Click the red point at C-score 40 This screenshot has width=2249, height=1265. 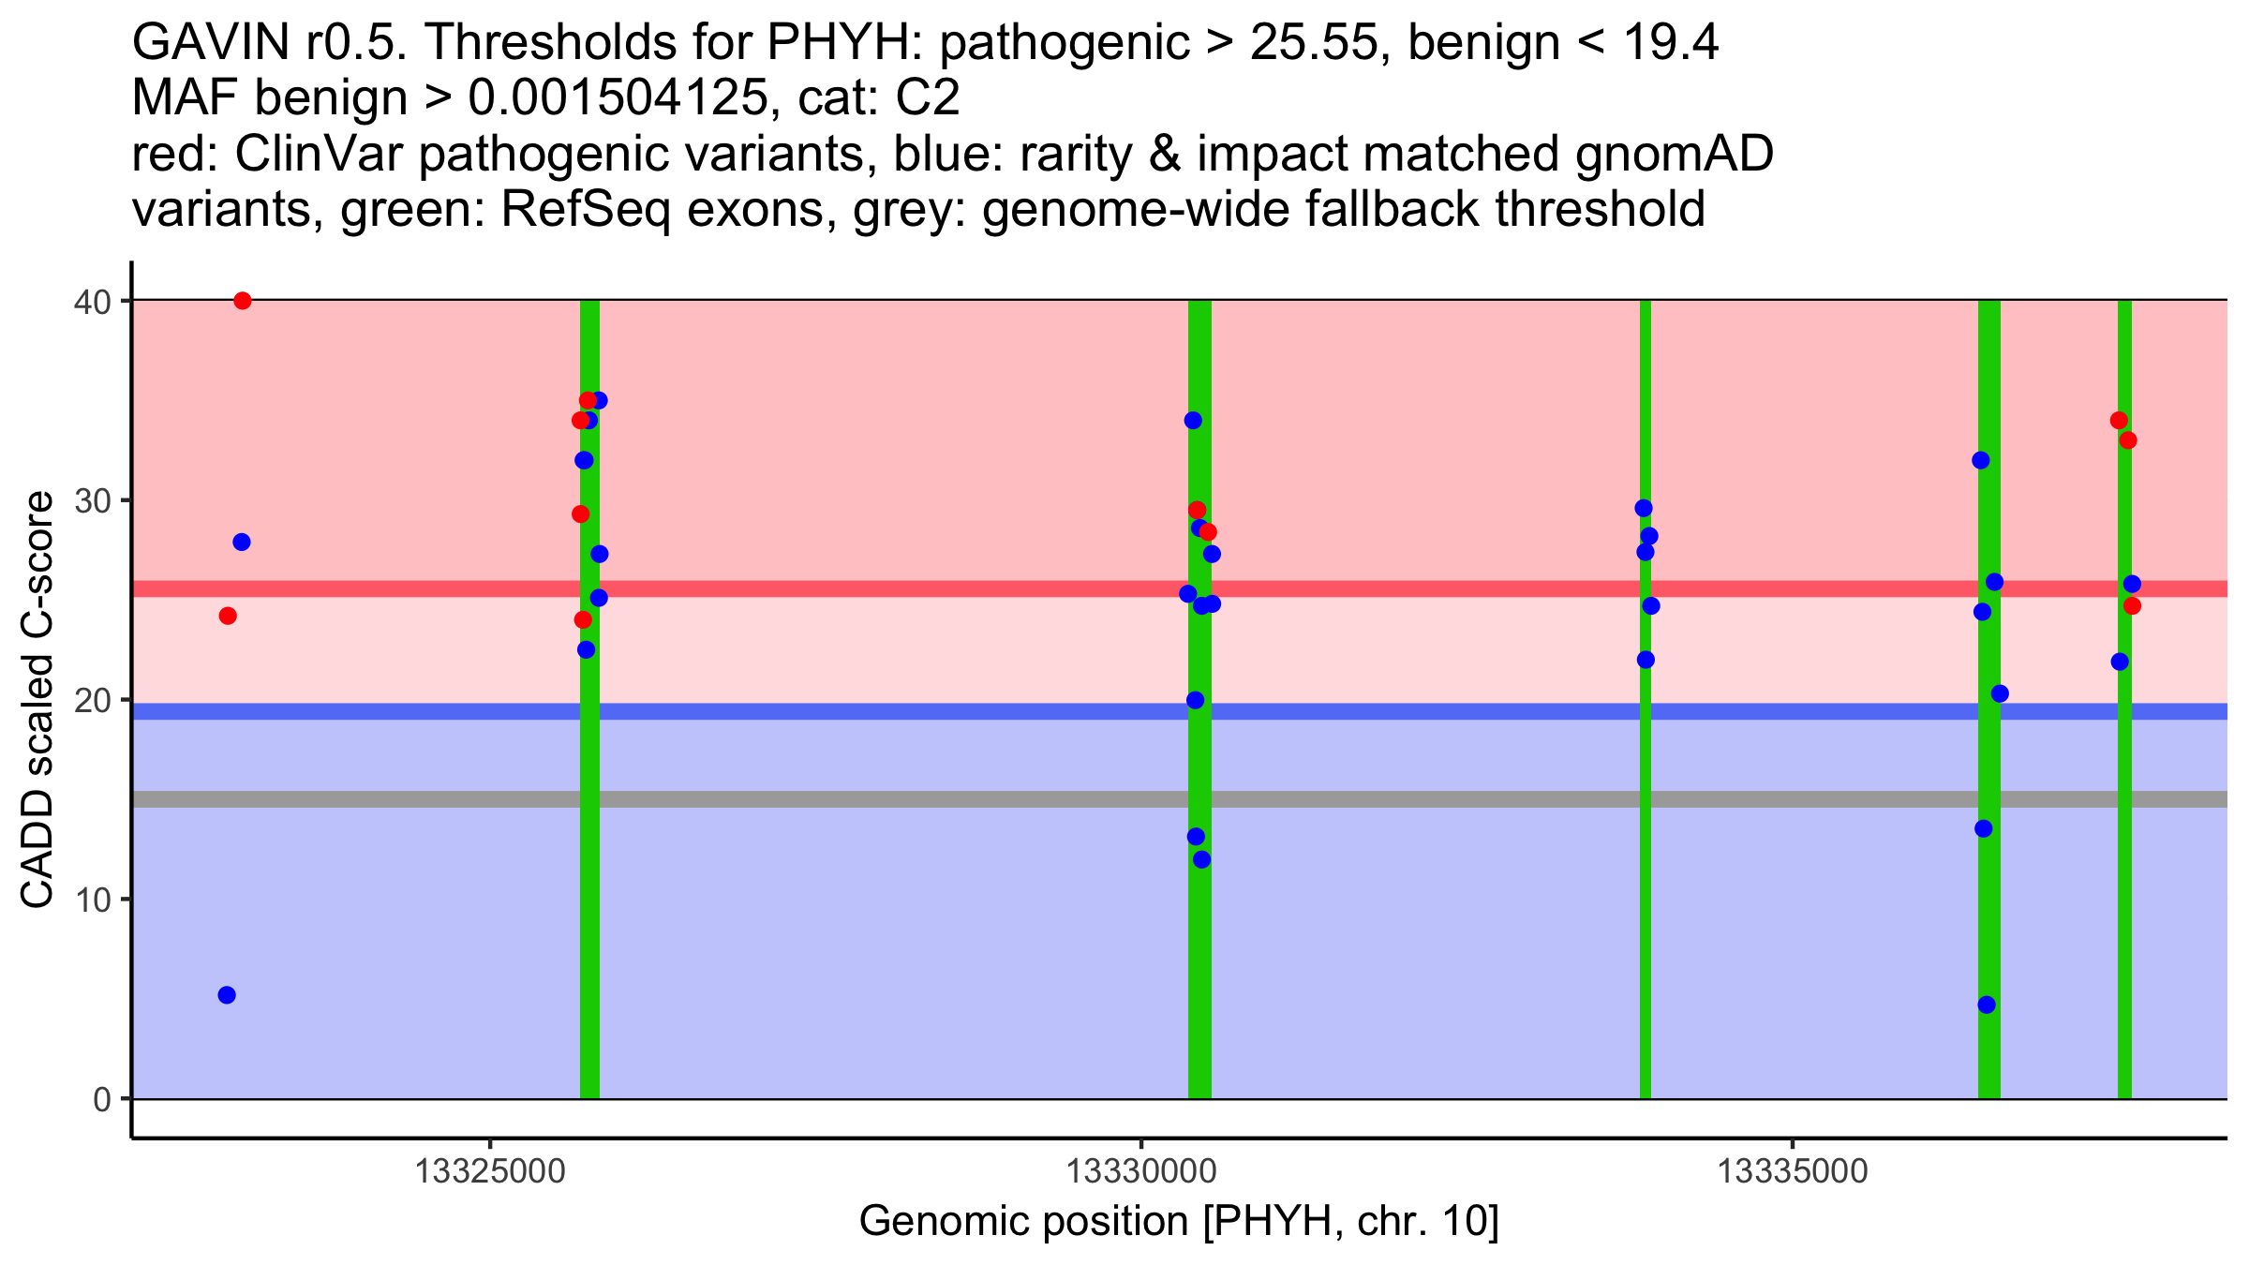pyautogui.click(x=243, y=301)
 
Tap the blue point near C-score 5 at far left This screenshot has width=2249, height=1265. pyautogui.click(x=227, y=995)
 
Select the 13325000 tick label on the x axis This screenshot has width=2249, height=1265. pyautogui.click(x=490, y=1170)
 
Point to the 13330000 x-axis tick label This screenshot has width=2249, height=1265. pyautogui.click(x=1141, y=1170)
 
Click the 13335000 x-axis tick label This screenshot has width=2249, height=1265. pyautogui.click(x=1792, y=1170)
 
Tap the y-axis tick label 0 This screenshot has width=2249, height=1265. pyautogui.click(x=101, y=1099)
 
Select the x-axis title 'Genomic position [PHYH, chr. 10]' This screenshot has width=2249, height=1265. pyautogui.click(x=1179, y=1221)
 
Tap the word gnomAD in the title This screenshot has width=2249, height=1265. pyautogui.click(x=1675, y=155)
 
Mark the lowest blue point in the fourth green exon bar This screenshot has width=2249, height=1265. pyautogui.click(x=1987, y=1005)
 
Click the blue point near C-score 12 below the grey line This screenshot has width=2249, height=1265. pyautogui.click(x=1201, y=859)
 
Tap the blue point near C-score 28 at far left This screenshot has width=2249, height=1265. pyautogui.click(x=242, y=543)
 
